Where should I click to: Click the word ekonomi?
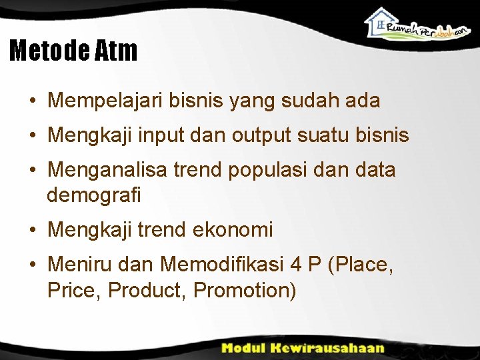[x=233, y=230]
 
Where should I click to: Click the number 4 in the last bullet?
[x=296, y=265]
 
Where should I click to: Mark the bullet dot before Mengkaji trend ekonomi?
[x=32, y=231]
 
